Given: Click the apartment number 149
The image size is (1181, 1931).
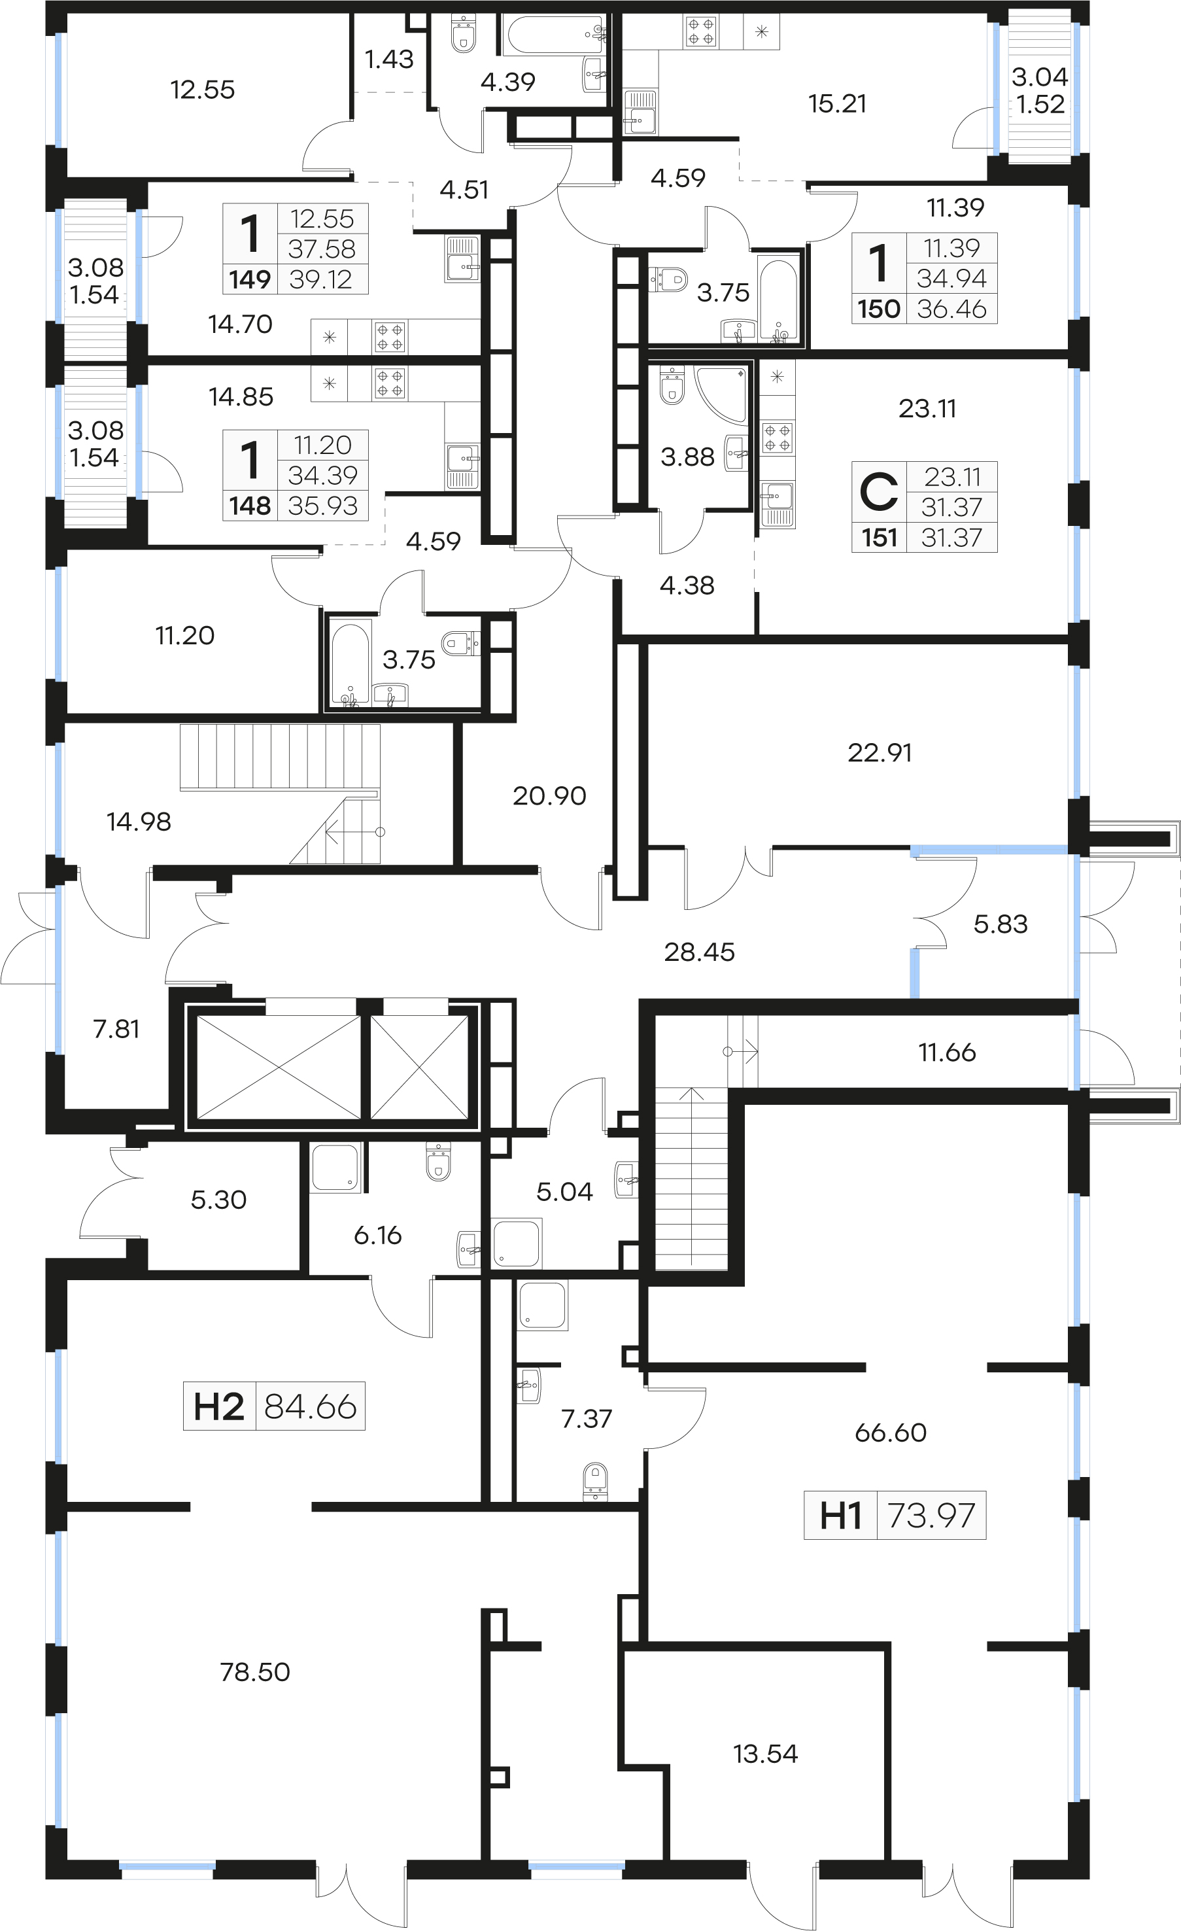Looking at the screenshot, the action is point(250,280).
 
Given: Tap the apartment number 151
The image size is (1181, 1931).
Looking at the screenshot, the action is point(880,538).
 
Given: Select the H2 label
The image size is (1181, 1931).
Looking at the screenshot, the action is point(218,1407).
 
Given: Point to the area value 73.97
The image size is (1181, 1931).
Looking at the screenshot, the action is point(931,1516).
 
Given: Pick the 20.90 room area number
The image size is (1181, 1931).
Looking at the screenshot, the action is point(549,796).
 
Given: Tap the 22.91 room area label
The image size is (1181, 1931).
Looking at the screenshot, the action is point(880,753).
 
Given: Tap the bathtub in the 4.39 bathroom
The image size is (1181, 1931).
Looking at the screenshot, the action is point(556,35).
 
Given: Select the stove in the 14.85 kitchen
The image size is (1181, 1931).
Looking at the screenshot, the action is point(390,384).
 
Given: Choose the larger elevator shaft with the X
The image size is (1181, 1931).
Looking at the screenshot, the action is point(278,1068).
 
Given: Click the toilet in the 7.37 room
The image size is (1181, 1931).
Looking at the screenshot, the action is point(596,1480).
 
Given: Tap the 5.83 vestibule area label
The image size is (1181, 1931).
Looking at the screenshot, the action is point(1000,924).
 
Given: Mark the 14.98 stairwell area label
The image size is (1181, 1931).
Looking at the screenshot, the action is point(139,822).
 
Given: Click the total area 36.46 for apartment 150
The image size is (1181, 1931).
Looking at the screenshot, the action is point(951,309).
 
